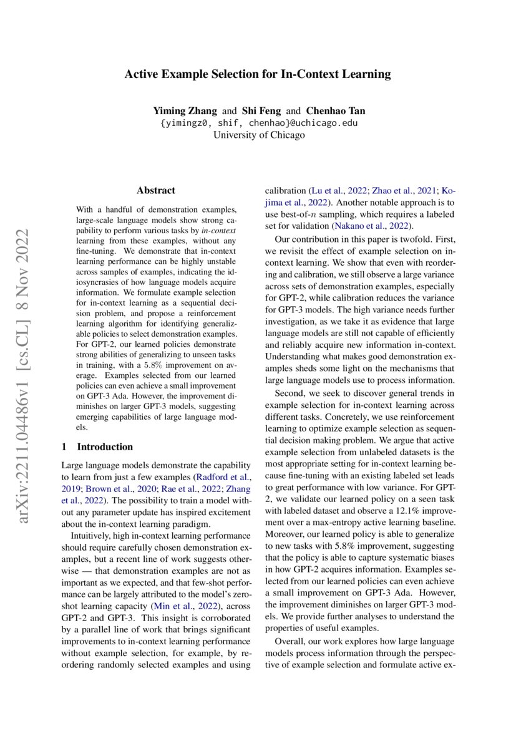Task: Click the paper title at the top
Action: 258,74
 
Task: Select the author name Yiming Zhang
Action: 185,111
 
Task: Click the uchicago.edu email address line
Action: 258,123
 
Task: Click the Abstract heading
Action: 156,190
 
